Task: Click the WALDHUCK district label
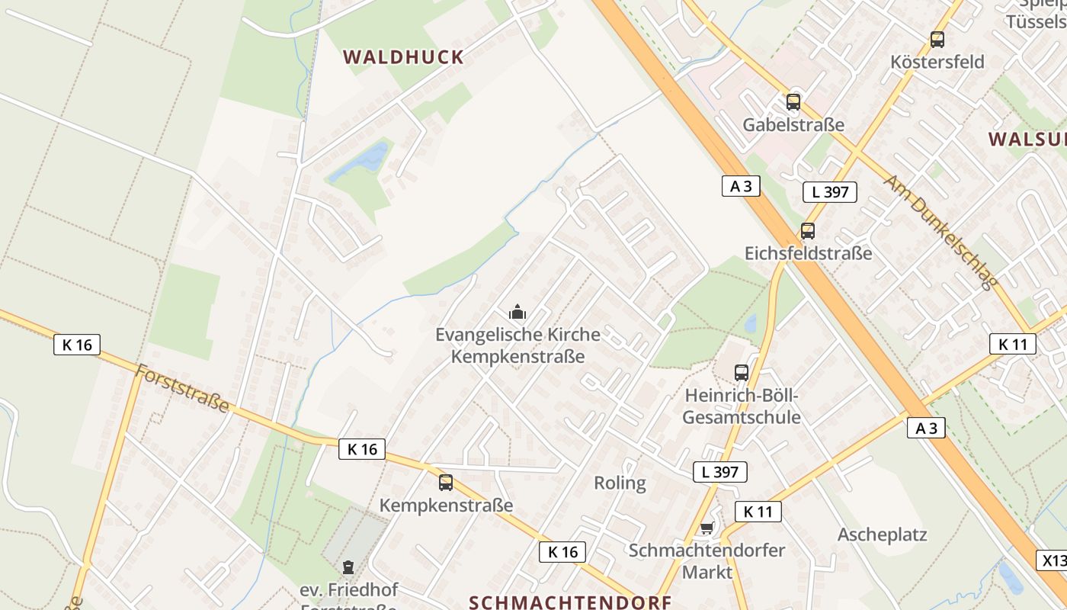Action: click(403, 57)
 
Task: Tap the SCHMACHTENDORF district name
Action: click(570, 602)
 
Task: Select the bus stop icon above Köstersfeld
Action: click(937, 39)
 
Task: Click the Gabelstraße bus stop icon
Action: click(793, 101)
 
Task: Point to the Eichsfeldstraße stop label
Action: click(808, 253)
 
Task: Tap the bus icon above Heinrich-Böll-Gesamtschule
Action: click(741, 373)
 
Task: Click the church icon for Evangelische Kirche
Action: click(517, 312)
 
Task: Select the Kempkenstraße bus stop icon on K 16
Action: click(446, 482)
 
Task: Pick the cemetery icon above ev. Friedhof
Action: click(348, 567)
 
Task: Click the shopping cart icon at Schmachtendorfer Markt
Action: click(707, 528)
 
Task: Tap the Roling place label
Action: click(620, 483)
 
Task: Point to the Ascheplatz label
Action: click(883, 535)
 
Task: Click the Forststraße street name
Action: click(183, 389)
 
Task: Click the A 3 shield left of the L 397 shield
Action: click(741, 186)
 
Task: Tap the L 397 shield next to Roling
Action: click(719, 472)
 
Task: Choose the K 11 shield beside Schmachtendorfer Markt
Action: click(758, 512)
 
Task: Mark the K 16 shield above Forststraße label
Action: click(77, 345)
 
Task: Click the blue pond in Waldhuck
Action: click(369, 158)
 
